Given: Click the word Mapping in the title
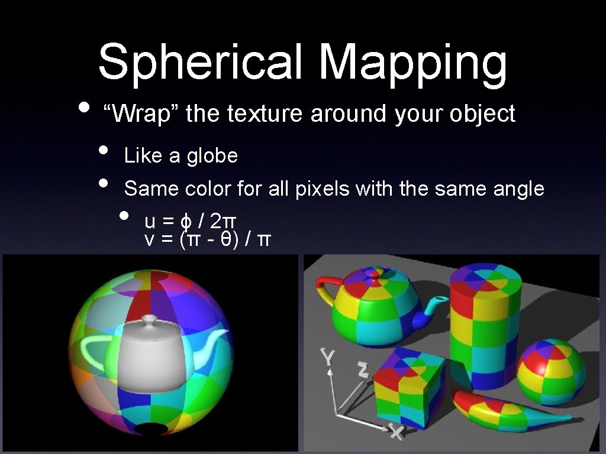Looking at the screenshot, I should point(412,64).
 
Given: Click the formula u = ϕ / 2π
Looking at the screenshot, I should point(191,221).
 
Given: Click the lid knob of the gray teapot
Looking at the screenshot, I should point(149,320).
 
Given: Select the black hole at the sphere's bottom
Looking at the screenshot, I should point(150,430).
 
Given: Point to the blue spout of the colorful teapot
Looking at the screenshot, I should point(431,310).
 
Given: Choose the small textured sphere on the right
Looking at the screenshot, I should point(551,372).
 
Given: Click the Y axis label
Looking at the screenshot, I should point(327,356).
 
